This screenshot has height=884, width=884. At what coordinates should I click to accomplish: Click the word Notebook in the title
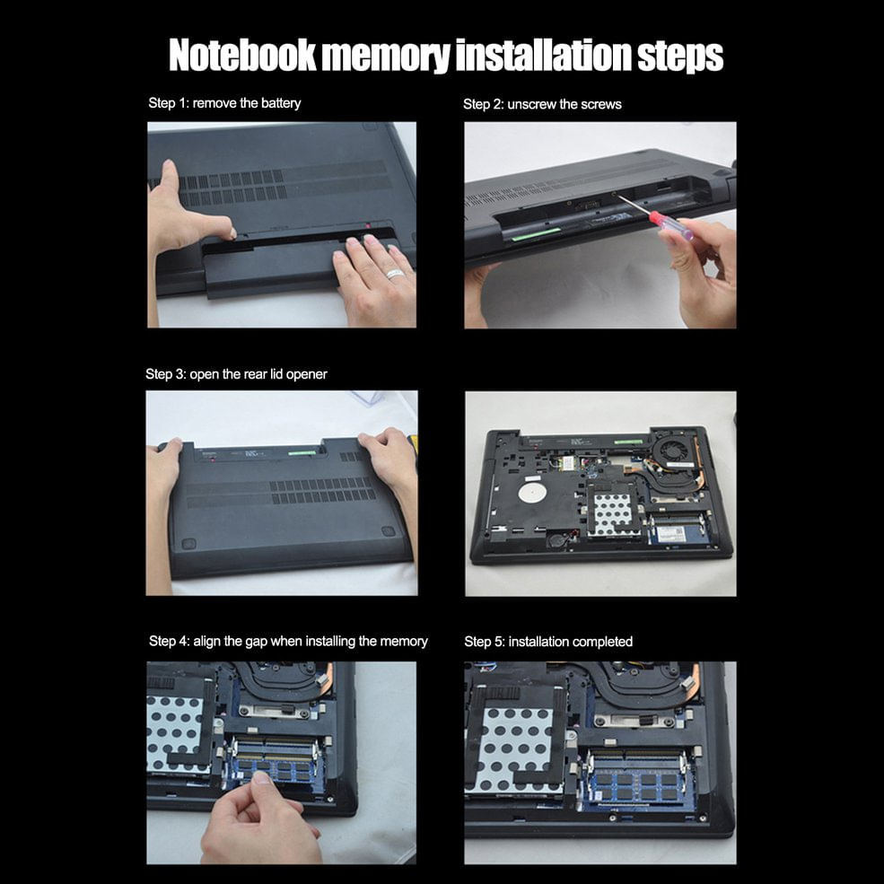(x=243, y=56)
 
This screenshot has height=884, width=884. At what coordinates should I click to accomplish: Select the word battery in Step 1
(x=281, y=103)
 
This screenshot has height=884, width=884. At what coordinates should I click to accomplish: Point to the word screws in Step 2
(x=601, y=104)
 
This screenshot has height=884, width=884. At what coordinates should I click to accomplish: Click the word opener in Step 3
(x=307, y=375)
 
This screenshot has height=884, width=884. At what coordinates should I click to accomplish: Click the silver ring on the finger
(x=395, y=274)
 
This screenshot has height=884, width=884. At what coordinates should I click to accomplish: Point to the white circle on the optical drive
(x=533, y=492)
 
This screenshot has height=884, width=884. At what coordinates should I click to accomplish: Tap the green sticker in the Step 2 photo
(x=536, y=233)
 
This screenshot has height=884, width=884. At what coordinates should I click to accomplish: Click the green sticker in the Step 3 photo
(x=302, y=452)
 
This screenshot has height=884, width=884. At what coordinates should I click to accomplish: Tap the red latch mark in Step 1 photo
(x=368, y=227)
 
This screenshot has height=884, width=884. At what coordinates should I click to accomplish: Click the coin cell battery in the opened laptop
(x=559, y=539)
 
